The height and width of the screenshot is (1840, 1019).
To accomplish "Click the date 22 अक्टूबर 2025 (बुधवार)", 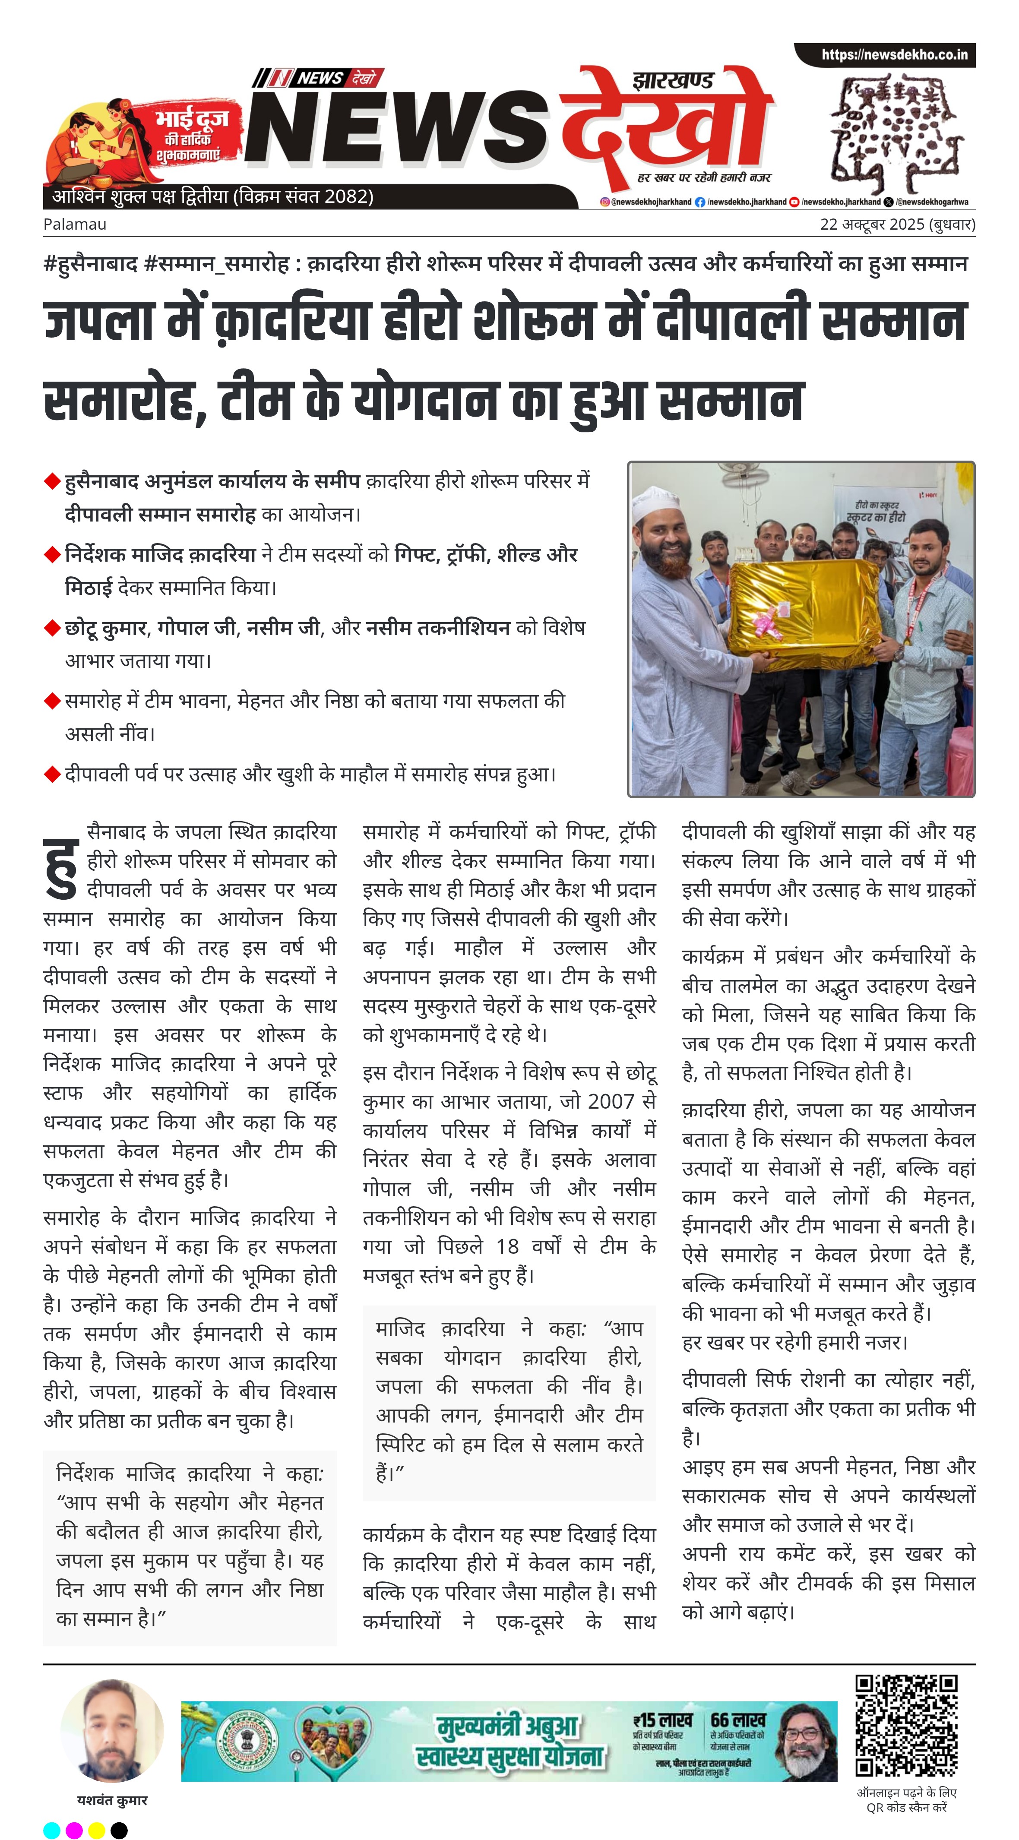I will pyautogui.click(x=897, y=224).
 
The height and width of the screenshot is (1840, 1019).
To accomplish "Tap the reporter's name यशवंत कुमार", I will pyautogui.click(x=112, y=1800).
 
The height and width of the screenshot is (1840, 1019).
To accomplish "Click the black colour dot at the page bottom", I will pyautogui.click(x=119, y=1830).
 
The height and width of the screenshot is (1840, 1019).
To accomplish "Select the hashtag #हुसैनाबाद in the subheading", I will pyautogui.click(x=90, y=264).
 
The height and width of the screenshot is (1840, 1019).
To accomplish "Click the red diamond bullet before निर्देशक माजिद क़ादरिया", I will pyautogui.click(x=51, y=554).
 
